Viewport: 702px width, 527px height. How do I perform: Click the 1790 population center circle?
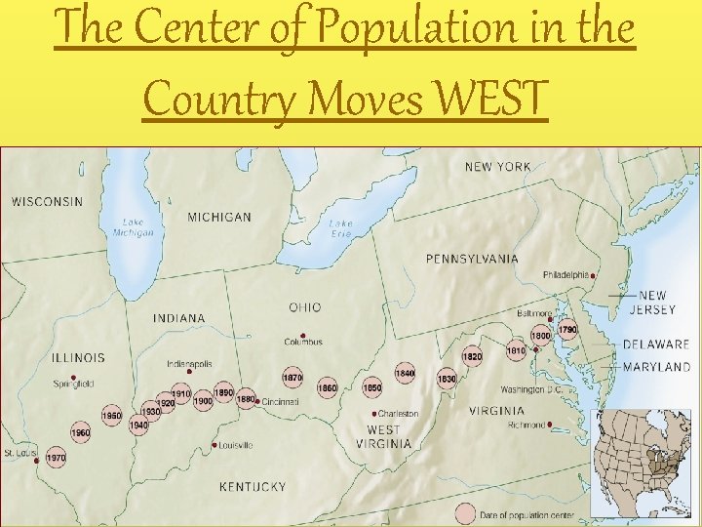(x=567, y=330)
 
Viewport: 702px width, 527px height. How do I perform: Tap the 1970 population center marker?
(x=56, y=457)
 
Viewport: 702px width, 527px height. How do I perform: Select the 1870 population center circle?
(x=292, y=378)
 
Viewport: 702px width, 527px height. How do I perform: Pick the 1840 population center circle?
(x=405, y=373)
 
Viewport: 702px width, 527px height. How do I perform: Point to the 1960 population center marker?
(x=80, y=432)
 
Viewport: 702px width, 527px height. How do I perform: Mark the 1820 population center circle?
(x=472, y=357)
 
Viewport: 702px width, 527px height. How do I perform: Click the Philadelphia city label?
(x=565, y=275)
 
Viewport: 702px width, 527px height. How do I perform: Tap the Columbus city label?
(x=303, y=342)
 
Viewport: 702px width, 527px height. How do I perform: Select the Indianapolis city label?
(x=189, y=364)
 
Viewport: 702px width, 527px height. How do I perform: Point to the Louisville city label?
(x=236, y=445)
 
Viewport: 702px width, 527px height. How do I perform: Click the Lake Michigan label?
(x=133, y=227)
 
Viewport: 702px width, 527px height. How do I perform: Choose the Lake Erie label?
(x=340, y=228)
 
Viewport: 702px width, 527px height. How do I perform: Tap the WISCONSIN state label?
(x=47, y=202)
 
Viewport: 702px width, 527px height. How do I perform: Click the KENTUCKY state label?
(x=253, y=486)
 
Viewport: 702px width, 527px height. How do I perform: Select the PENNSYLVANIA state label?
(x=472, y=259)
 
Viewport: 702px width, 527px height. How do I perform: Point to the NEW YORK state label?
(x=498, y=167)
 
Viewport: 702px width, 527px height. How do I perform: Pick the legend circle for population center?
(x=465, y=514)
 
